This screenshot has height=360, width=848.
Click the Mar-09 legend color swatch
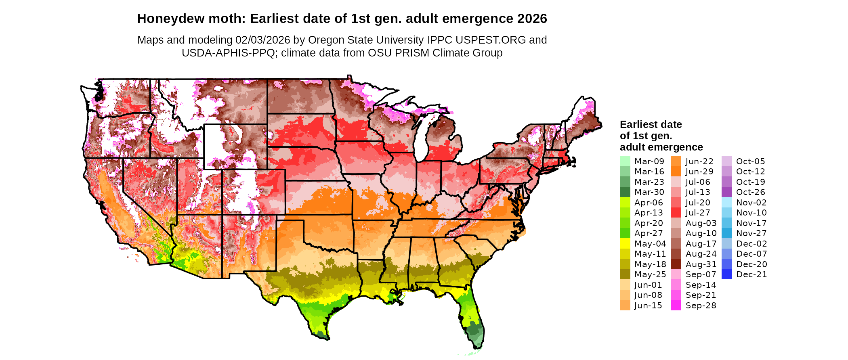click(x=625, y=161)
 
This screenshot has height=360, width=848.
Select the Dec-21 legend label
click(x=751, y=274)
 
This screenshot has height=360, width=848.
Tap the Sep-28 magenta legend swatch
click(x=676, y=306)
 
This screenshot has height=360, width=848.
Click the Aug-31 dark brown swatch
click(x=676, y=264)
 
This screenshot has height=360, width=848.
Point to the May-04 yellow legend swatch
click(x=625, y=244)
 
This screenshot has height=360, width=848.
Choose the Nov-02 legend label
click(x=751, y=203)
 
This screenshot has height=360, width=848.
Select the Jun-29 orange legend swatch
click(x=676, y=172)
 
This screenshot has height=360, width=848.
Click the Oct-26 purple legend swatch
click(x=726, y=192)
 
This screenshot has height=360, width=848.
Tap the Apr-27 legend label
click(x=649, y=233)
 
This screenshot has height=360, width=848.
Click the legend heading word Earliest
click(x=636, y=124)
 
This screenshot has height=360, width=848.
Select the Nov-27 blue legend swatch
click(x=726, y=233)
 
